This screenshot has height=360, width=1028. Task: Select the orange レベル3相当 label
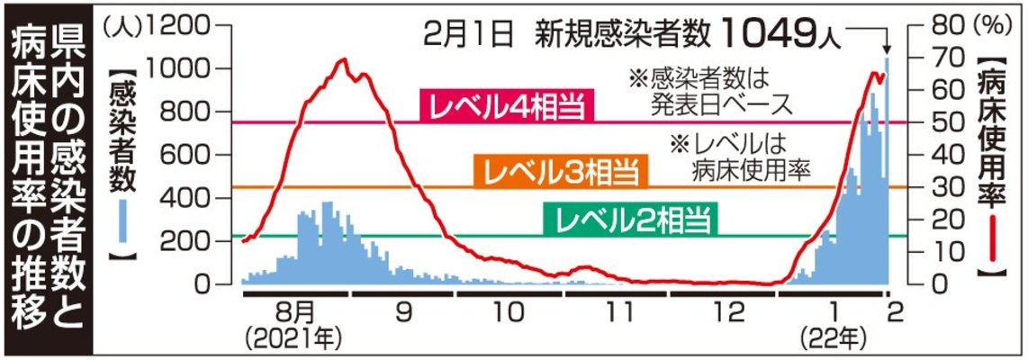click(x=559, y=171)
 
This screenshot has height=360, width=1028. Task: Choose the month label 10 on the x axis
click(x=510, y=311)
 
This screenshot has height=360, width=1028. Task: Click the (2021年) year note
click(x=296, y=340)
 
